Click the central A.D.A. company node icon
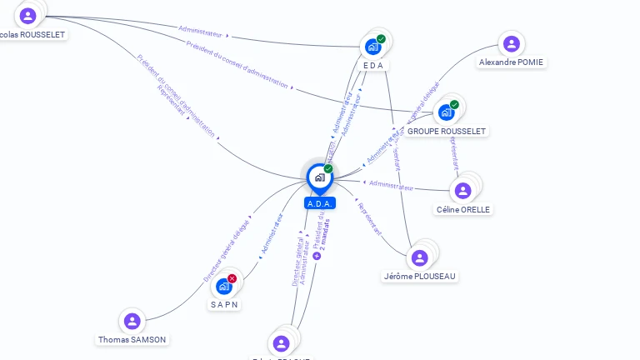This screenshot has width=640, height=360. click(319, 177)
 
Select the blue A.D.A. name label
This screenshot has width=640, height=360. click(320, 203)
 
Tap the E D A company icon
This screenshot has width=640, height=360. click(372, 47)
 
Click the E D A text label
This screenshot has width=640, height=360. click(373, 65)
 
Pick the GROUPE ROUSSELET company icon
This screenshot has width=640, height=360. click(446, 112)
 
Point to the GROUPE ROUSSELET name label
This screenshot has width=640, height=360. click(447, 131)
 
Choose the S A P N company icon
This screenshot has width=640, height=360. click(223, 286)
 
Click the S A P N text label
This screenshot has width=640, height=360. click(224, 304)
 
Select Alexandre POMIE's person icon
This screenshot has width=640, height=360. click(511, 44)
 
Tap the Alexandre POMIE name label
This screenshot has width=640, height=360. click(512, 62)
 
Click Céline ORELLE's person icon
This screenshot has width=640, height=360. click(462, 191)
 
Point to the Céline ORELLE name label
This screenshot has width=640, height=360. click(463, 209)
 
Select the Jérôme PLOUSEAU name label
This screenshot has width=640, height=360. click(420, 276)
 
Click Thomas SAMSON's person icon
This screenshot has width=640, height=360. click(132, 322)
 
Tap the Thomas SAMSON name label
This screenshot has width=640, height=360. click(132, 340)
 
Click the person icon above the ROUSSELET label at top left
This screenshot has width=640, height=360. click(28, 16)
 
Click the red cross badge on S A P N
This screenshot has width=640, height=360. click(232, 278)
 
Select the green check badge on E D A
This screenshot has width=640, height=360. click(381, 39)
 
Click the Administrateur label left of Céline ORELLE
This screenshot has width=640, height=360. click(391, 186)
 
